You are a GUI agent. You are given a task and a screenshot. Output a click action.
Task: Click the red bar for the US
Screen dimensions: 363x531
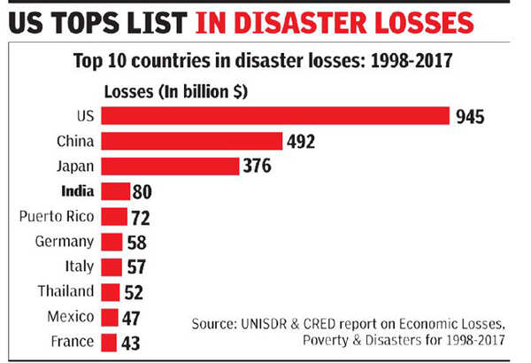[275, 115]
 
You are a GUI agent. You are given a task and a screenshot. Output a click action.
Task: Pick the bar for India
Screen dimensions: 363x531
[115, 191]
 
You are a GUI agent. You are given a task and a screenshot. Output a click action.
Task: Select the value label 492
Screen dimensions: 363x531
[301, 142]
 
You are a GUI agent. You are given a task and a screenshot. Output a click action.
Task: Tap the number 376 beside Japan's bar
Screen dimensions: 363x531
[258, 166]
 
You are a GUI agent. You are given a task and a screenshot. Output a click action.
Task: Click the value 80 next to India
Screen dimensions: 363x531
[142, 191]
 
